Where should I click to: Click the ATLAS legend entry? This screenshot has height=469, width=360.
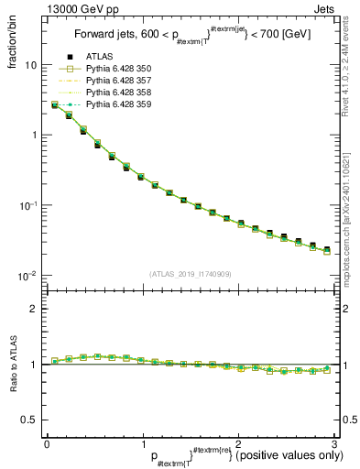click(x=98, y=82)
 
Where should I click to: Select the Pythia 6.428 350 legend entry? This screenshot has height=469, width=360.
click(x=115, y=93)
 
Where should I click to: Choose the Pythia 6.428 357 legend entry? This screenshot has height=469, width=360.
click(x=115, y=104)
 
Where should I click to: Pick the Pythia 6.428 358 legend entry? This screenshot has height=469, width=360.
click(x=115, y=115)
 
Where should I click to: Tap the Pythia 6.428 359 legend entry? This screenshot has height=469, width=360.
click(x=115, y=126)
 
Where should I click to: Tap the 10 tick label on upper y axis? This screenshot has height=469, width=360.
click(x=30, y=66)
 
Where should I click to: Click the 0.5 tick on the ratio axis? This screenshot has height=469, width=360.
click(x=28, y=420)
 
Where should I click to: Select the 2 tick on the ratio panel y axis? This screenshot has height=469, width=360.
click(x=33, y=309)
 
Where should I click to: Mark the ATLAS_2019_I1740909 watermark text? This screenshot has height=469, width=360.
click(x=191, y=274)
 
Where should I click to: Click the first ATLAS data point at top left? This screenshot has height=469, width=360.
click(x=55, y=105)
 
